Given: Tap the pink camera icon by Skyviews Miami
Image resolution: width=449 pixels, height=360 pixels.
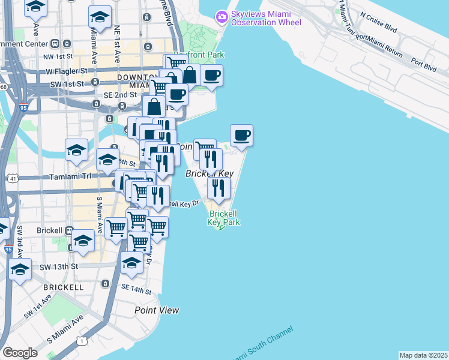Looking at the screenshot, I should point(221,16).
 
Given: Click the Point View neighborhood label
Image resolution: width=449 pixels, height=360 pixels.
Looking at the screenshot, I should point(157,310).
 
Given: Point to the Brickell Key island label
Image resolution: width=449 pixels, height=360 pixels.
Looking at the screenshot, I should point(209,173).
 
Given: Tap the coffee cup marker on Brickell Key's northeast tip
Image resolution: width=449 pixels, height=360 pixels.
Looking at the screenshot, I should point(241,136).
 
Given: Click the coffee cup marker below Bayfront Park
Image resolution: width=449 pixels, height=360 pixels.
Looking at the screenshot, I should point(211,76).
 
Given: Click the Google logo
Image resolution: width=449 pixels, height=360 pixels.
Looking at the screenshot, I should point(20,353).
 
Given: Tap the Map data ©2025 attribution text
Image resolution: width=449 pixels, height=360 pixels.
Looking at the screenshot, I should point(423,355).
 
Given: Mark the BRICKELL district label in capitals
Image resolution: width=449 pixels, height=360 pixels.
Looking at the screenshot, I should point(63,287).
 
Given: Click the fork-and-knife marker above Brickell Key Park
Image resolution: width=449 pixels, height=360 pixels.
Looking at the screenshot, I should point(218,188).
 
